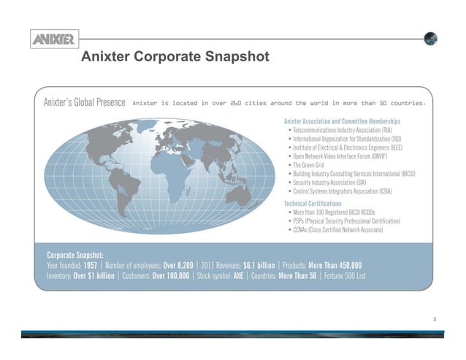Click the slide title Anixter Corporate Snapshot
tap(175, 57)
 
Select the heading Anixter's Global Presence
tap(85, 102)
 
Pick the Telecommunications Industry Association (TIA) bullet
tap(342, 129)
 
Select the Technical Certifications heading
tap(313, 202)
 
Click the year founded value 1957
tap(92, 264)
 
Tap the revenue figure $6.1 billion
tap(259, 264)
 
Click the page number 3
tap(435, 318)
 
